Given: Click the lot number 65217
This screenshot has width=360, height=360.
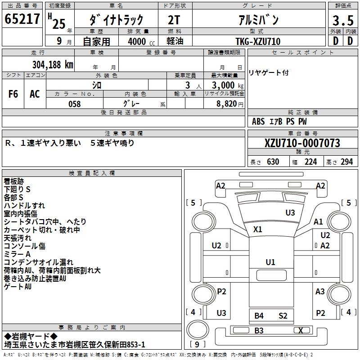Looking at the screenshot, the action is [x=22, y=19].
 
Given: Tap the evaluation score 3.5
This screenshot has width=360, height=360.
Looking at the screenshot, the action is [x=342, y=20].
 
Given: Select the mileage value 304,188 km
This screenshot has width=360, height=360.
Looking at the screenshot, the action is [x=53, y=64].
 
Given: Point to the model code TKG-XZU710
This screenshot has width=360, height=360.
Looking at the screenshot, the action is [x=258, y=41].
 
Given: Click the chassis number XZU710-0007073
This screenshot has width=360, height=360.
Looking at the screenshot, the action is [x=302, y=144].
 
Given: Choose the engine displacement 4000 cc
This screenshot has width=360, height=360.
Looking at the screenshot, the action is [x=140, y=41].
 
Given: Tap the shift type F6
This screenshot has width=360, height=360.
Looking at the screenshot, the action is [x=13, y=94].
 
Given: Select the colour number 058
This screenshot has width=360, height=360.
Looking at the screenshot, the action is [x=74, y=104].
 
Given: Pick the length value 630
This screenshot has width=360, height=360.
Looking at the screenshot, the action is [x=273, y=162].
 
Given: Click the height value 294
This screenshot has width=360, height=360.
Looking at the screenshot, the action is [x=346, y=162].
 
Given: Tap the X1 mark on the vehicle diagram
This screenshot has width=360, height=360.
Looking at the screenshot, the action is [x=257, y=229].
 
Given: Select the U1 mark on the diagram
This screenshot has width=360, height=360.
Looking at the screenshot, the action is [x=270, y=262].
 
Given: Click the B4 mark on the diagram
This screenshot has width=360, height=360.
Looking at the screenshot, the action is [x=259, y=316].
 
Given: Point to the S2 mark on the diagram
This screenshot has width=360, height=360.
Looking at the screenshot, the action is [x=283, y=316].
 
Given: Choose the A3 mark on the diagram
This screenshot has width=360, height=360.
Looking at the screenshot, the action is [x=320, y=292].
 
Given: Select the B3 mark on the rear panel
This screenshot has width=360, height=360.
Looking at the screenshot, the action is [x=259, y=331].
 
